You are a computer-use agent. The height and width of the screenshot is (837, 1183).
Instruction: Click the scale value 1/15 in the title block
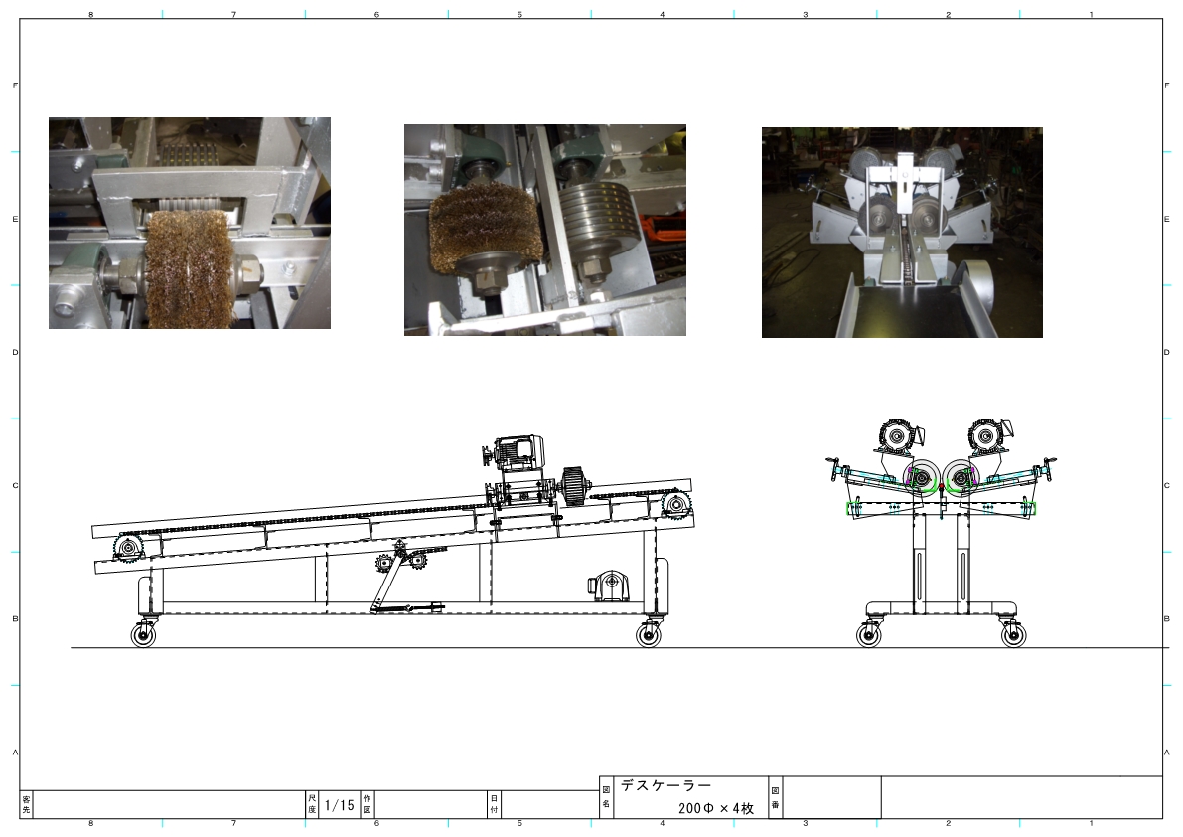point(340,805)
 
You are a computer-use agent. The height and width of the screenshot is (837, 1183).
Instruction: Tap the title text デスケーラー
point(666,785)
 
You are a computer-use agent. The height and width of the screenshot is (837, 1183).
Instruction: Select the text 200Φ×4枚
point(716,808)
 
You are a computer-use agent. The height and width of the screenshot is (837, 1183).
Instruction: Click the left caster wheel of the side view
point(143,635)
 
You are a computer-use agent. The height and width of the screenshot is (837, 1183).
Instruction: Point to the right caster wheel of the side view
point(648,635)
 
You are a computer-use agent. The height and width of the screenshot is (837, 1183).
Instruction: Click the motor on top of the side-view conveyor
point(515,453)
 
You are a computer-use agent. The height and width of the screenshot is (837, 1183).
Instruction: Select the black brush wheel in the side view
point(575,487)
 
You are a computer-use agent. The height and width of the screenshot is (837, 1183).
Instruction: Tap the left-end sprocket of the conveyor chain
point(127,547)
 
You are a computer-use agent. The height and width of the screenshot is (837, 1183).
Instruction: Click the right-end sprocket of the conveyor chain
point(675,505)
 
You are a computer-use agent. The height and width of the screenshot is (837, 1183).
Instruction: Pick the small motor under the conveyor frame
point(608,586)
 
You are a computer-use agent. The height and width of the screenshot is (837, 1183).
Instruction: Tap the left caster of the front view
point(868,633)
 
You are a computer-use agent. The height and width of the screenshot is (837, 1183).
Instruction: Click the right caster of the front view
point(1013,633)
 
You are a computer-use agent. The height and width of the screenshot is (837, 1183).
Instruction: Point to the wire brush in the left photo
point(188,269)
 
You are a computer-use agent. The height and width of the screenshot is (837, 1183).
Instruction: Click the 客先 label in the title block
point(27,804)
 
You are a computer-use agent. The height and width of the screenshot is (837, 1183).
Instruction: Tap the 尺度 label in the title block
point(312,804)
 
